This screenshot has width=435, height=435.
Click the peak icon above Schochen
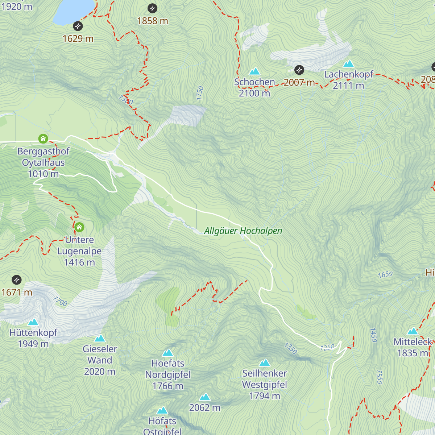tap(254, 71)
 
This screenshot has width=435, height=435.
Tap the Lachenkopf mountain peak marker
tap(348, 64)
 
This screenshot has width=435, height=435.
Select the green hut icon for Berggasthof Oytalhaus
tap(43, 138)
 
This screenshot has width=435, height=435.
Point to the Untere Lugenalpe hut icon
tap(79, 227)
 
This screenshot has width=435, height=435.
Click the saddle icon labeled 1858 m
tap(153, 8)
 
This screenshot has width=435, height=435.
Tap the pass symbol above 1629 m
tap(78, 26)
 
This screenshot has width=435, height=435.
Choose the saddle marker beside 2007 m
tap(299, 70)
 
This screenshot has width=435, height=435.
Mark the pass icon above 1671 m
tap(17, 280)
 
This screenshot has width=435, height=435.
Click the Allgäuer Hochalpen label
tap(243, 231)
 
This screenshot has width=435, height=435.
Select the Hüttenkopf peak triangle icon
tap(33, 322)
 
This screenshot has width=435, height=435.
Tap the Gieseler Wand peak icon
tap(100, 338)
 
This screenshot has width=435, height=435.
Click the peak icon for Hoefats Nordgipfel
tap(167, 352)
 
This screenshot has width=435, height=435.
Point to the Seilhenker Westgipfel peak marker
tap(265, 362)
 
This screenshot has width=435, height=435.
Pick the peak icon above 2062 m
tap(205, 397)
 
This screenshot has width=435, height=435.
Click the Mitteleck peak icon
tap(413, 331)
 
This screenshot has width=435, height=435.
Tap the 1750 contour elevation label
tap(200, 93)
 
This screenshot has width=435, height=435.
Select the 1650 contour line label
tap(385, 275)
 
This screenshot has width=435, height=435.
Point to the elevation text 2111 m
tap(348, 86)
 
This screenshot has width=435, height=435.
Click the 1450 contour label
tap(373, 335)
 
